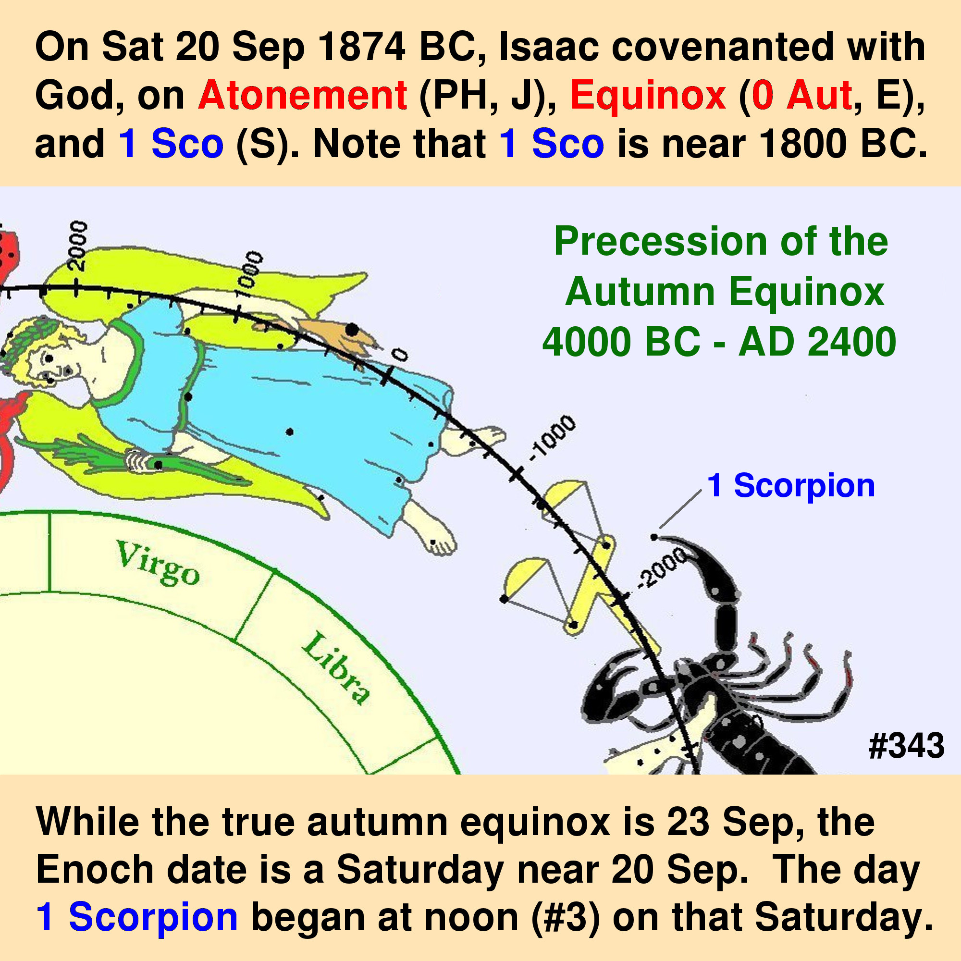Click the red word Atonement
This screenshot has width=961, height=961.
pyautogui.click(x=303, y=95)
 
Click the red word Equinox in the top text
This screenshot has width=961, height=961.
pyautogui.click(x=648, y=95)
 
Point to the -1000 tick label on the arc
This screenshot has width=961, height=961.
pyautogui.click(x=552, y=438)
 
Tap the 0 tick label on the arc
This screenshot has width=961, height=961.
pyautogui.click(x=399, y=355)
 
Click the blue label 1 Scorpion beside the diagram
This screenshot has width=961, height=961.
pyautogui.click(x=790, y=485)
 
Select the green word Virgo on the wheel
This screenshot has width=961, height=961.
pyautogui.click(x=158, y=563)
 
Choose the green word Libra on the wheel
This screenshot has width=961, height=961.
pyautogui.click(x=336, y=668)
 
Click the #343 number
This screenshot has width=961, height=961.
pyautogui.click(x=906, y=746)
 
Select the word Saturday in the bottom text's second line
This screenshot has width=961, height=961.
pyautogui.click(x=419, y=870)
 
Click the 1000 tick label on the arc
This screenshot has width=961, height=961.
pyautogui.click(x=248, y=277)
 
